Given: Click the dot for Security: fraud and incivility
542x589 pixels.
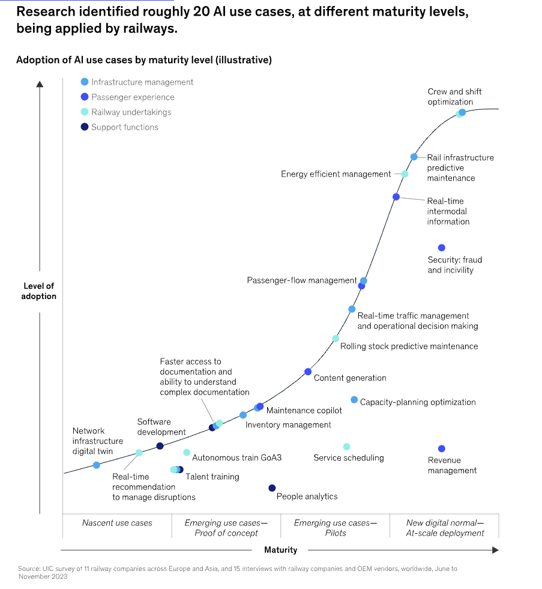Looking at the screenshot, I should click(x=442, y=248).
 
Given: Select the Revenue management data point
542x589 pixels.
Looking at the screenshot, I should click(x=442, y=449).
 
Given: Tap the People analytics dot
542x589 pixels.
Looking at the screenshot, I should click(x=272, y=488).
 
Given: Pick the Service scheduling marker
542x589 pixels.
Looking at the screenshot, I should click(x=346, y=447).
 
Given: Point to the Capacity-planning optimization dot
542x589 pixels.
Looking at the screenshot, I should click(x=354, y=400).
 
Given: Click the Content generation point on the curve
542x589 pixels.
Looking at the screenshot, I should click(x=308, y=372).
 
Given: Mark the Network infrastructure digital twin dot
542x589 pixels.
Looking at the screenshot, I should click(x=97, y=465).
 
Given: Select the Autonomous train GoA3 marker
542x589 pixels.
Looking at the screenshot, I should click(x=187, y=452).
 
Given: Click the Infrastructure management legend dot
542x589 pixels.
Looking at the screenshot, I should click(x=85, y=82).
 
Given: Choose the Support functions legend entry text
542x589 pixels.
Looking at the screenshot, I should click(x=125, y=127).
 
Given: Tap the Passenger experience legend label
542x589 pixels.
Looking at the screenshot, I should click(x=133, y=97).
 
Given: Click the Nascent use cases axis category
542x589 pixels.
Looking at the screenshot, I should click(x=117, y=523).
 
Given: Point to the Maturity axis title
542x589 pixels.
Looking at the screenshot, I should click(x=280, y=550).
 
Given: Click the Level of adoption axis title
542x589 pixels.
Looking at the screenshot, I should click(x=39, y=291).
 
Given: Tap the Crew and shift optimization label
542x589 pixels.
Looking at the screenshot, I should click(x=454, y=97).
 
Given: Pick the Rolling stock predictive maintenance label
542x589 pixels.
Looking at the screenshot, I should click(x=409, y=346).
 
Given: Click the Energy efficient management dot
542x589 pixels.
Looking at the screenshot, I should click(x=405, y=174).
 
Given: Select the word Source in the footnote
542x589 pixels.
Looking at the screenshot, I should click(x=29, y=568).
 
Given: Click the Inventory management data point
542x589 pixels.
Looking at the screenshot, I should click(x=243, y=415).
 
